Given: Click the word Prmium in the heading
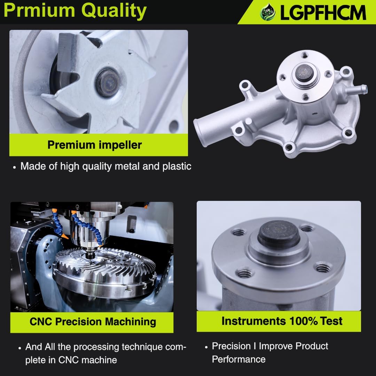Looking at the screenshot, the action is pyautogui.click(x=39, y=10).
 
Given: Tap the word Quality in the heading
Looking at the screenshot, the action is pyautogui.click(x=114, y=11).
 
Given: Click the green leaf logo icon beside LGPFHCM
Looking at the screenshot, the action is pyautogui.click(x=268, y=12).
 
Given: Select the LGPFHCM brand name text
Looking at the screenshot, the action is pyautogui.click(x=323, y=13).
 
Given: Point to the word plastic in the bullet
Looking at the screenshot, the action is pyautogui.click(x=177, y=166).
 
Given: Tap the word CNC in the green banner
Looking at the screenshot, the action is pyautogui.click(x=41, y=322).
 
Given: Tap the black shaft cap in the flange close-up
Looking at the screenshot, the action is pyautogui.click(x=279, y=233).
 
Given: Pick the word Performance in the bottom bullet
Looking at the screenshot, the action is pyautogui.click(x=238, y=359).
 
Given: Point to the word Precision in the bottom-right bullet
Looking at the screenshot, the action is pyautogui.click(x=231, y=346).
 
